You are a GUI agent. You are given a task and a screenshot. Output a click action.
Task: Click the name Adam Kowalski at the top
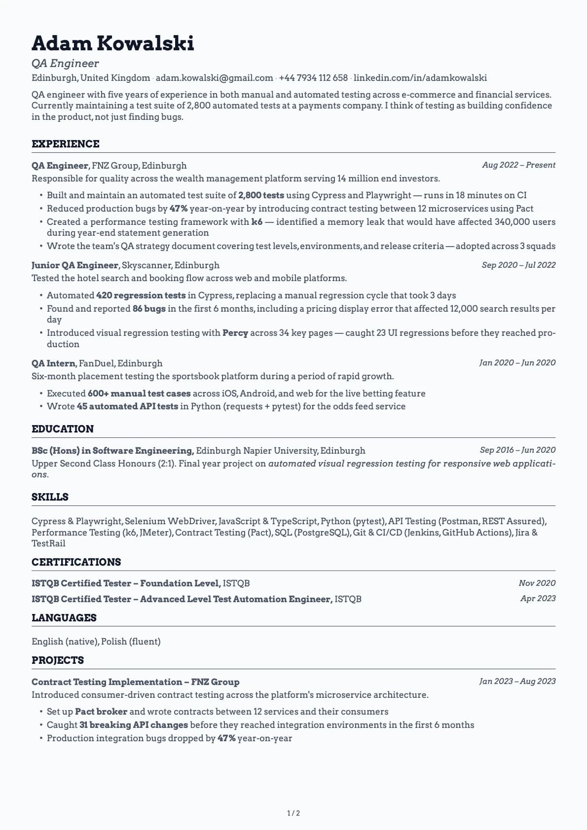112,43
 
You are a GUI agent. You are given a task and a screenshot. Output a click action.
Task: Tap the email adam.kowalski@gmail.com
214,78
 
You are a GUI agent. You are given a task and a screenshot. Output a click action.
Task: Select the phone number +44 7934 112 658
313,78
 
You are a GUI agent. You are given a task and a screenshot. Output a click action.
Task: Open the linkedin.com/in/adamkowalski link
420,78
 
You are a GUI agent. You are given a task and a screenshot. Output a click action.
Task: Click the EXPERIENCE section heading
65,144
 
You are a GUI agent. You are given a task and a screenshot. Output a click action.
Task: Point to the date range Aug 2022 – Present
518,165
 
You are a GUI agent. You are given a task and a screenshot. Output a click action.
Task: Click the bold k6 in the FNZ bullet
257,222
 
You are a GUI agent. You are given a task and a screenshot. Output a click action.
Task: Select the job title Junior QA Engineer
75,265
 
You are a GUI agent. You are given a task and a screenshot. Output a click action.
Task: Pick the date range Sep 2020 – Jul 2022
518,265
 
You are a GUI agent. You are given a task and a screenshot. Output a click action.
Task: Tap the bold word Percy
235,333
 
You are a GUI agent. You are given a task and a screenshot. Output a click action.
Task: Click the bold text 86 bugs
149,309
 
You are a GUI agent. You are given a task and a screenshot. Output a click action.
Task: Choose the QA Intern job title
53,363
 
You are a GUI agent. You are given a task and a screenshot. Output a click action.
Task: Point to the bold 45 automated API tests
127,406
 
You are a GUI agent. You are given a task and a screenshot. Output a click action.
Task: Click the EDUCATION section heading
62,429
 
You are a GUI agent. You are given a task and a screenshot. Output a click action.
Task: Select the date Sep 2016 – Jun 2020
517,450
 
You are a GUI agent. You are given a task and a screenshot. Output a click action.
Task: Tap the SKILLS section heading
50,497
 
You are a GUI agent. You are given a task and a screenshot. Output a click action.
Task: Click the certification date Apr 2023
538,599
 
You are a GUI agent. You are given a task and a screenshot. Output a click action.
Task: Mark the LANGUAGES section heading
64,618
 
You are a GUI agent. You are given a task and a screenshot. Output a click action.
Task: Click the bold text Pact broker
101,712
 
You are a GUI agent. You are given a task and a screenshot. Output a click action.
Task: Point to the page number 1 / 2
293,813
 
